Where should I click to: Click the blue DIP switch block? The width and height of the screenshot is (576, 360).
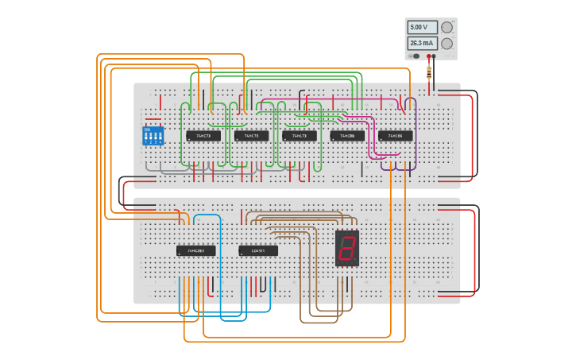tap(153, 136)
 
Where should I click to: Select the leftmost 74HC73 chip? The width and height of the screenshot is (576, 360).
tap(203, 136)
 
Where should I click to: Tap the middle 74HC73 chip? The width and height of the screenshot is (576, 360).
tap(251, 136)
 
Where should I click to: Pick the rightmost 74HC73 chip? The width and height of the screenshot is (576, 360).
tap(299, 136)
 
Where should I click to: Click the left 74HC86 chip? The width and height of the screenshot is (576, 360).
tap(347, 136)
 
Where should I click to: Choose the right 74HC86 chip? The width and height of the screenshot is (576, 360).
tap(395, 136)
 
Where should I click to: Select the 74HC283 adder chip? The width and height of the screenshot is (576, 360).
tap(195, 251)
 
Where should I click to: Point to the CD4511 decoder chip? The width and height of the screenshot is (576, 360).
tap(258, 251)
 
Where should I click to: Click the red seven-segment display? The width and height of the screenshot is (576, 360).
tap(347, 248)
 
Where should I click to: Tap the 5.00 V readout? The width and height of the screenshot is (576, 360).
tap(422, 27)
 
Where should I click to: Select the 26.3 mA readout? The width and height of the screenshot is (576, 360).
tap(422, 44)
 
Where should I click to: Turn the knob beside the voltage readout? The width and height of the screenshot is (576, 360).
tap(447, 27)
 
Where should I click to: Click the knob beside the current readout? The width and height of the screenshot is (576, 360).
tap(447, 44)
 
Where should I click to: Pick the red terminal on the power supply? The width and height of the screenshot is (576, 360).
tap(429, 56)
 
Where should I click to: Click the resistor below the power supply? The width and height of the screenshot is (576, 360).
tap(429, 72)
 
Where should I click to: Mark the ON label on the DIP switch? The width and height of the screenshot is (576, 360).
tap(147, 129)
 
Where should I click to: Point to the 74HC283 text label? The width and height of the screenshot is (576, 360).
tap(195, 251)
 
